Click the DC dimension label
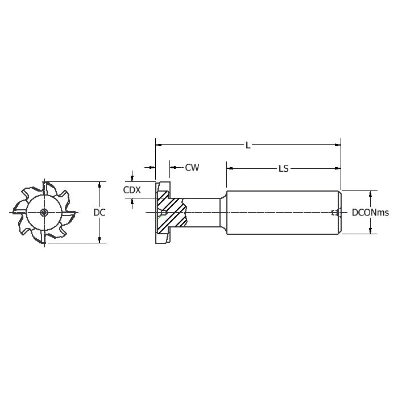pos(100,213)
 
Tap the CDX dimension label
pos(132,190)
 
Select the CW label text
pos(192,168)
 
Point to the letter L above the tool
pos(248,146)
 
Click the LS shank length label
pos(284,168)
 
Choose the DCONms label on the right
pos(370,213)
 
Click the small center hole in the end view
pos(44,213)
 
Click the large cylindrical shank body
pos(284,213)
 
